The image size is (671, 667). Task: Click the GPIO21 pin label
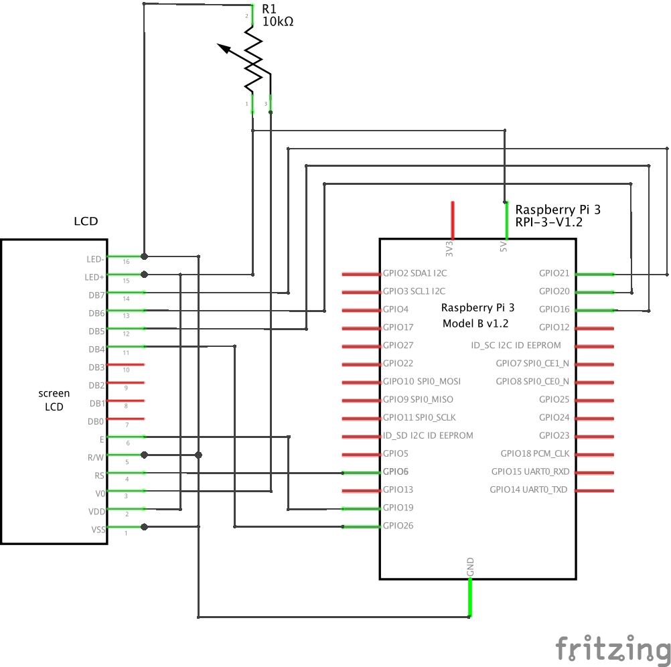(x=554, y=273)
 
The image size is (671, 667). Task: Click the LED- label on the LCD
(x=95, y=258)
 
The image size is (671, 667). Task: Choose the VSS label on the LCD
(x=97, y=530)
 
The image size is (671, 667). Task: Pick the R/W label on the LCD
(x=96, y=457)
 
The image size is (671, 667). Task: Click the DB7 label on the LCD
(x=96, y=295)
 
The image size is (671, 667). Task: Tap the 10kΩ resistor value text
(x=278, y=21)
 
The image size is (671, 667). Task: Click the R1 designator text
(x=269, y=9)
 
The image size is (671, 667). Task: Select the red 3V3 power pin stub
(x=453, y=220)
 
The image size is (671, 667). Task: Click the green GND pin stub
(x=470, y=597)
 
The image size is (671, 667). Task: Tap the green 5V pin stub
(x=506, y=220)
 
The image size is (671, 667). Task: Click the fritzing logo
(x=612, y=648)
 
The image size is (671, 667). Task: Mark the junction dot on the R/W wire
(x=198, y=455)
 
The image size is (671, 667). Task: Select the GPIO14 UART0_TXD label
(x=528, y=490)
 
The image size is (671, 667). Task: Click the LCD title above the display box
(x=85, y=222)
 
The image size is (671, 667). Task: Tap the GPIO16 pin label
(x=554, y=309)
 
